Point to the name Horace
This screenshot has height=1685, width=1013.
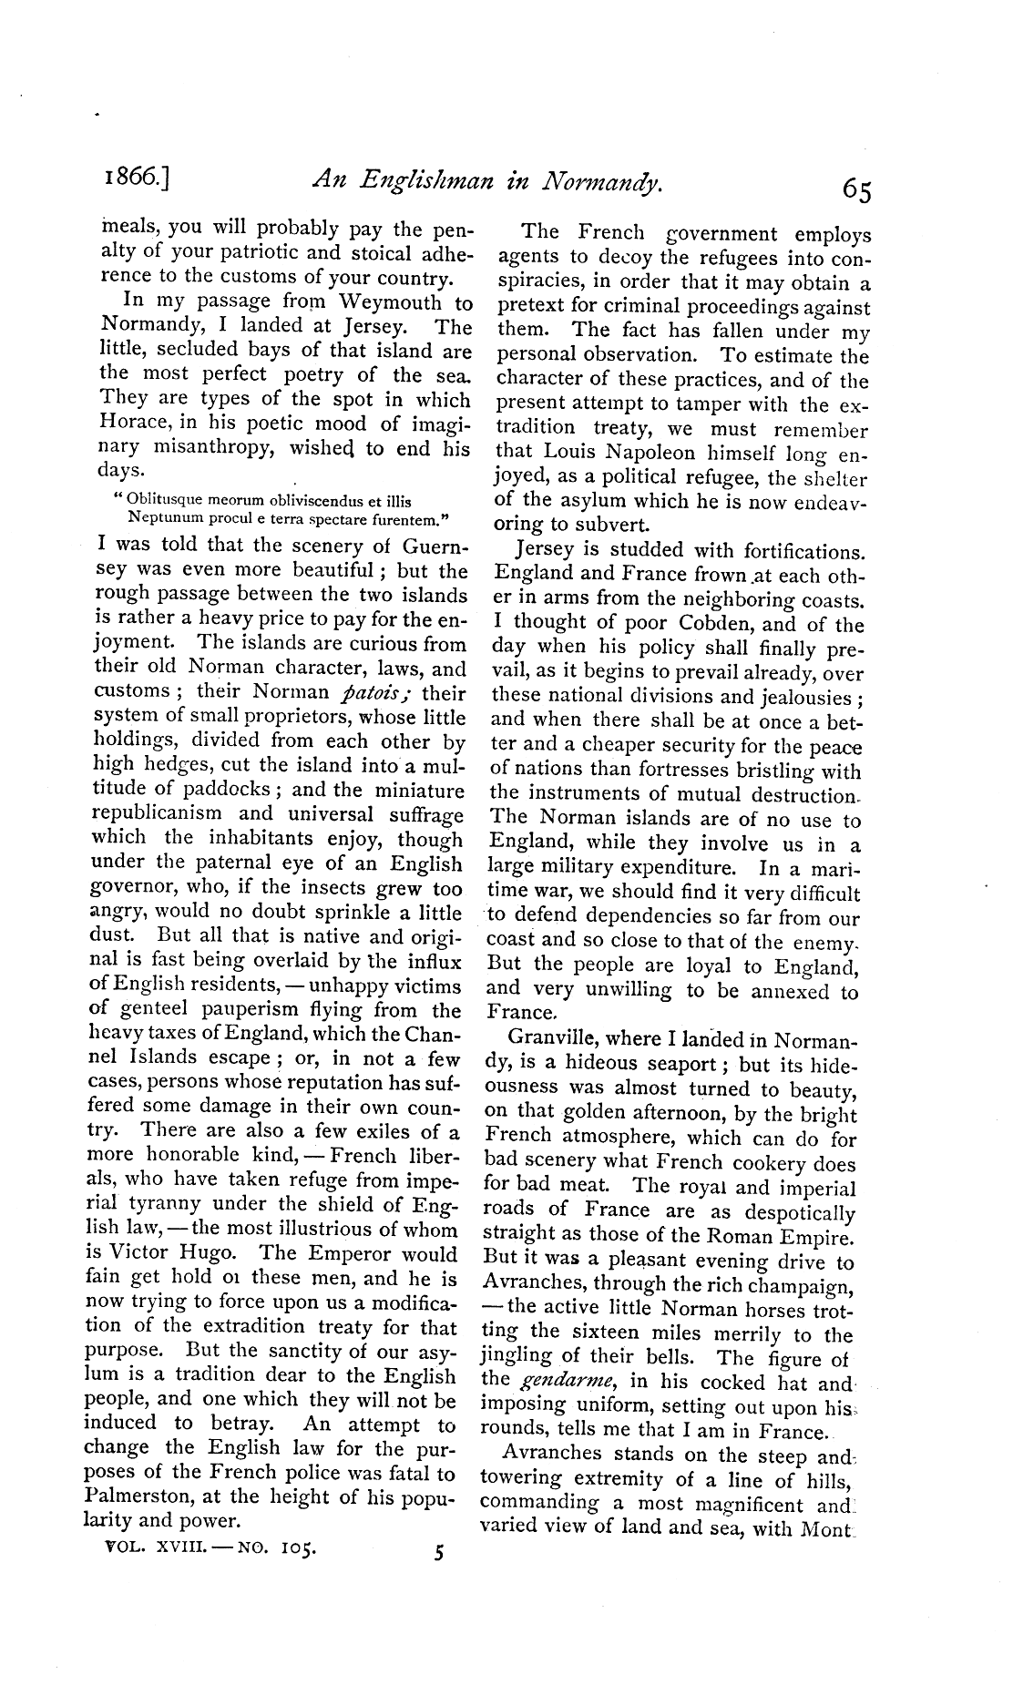[128, 424]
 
